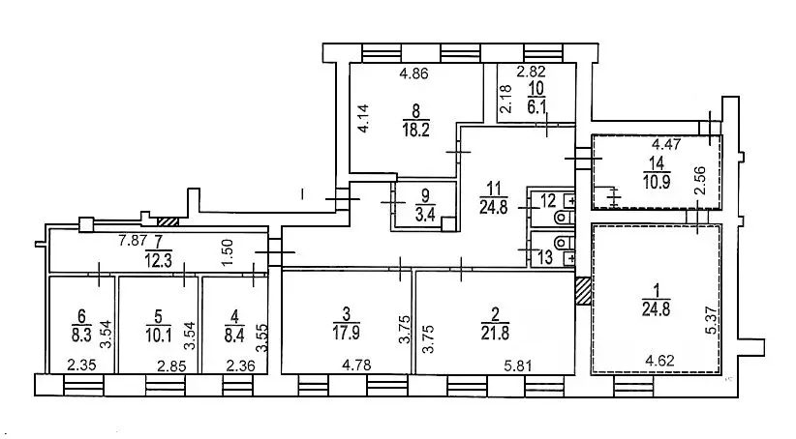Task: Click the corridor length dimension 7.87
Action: pyautogui.click(x=132, y=240)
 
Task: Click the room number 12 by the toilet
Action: pyautogui.click(x=548, y=201)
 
